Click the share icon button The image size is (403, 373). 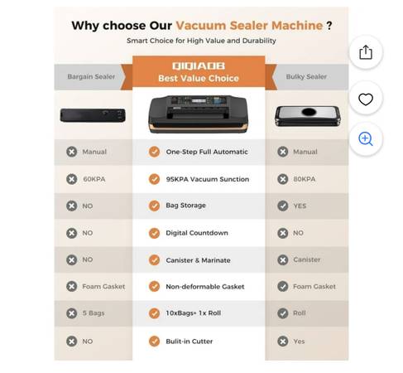coord(366,52)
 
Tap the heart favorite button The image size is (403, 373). coord(366,99)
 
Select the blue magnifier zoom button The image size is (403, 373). coord(366,139)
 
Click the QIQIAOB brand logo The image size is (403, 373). coord(199,65)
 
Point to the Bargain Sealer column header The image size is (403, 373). coord(91,76)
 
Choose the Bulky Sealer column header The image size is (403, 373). coord(306,76)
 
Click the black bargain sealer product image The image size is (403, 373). coord(93,115)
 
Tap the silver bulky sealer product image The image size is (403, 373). coord(308,116)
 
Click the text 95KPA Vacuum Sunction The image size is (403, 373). coord(208,179)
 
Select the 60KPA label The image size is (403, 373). coord(94,179)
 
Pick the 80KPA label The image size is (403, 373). coord(305,179)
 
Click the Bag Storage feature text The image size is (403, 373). coord(185,206)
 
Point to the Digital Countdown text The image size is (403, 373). coord(197,233)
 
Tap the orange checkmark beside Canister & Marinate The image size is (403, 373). coord(154,260)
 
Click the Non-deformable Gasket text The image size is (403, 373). coord(205,287)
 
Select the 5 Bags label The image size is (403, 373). coord(94,313)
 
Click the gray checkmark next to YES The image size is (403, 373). coord(283,206)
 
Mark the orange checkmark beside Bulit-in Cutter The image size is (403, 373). coord(154,342)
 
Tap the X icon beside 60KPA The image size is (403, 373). coord(72,179)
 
